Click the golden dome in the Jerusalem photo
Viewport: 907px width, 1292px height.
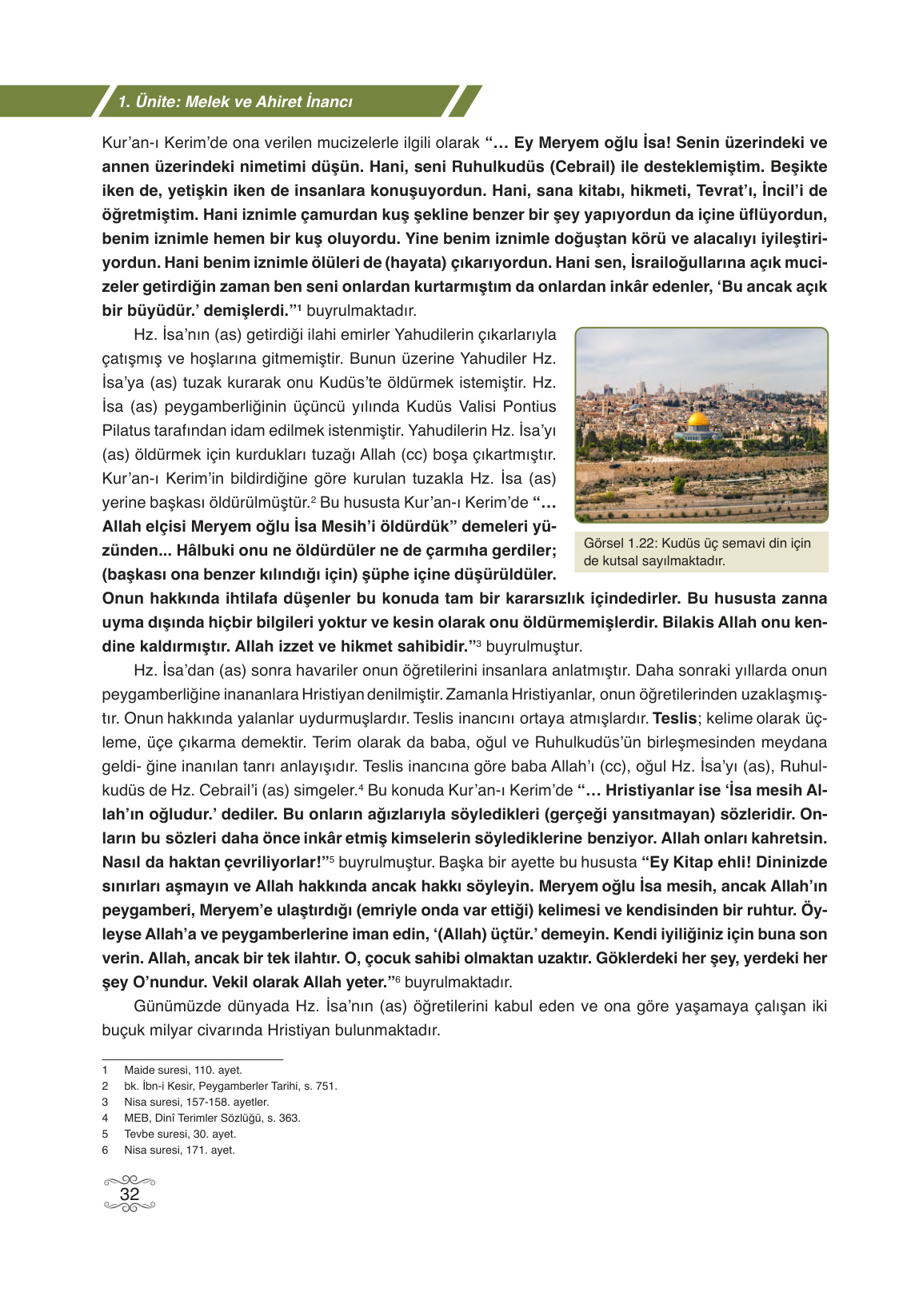697,419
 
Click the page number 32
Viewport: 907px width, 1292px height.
129,1194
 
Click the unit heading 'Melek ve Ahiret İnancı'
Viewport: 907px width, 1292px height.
269,102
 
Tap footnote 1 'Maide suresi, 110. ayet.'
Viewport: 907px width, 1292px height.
182,1070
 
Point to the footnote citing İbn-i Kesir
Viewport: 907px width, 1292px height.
230,1086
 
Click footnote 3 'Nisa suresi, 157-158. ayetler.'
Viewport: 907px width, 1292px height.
196,1102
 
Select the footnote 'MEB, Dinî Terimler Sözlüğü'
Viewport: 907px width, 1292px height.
212,1118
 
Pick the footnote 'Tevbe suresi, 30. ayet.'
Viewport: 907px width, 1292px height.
180,1134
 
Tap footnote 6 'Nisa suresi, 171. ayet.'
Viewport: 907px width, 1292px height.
179,1150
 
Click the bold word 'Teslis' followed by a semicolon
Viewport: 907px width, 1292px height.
674,718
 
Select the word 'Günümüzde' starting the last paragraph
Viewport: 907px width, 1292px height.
173,1006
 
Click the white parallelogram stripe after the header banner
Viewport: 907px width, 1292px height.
465,102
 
